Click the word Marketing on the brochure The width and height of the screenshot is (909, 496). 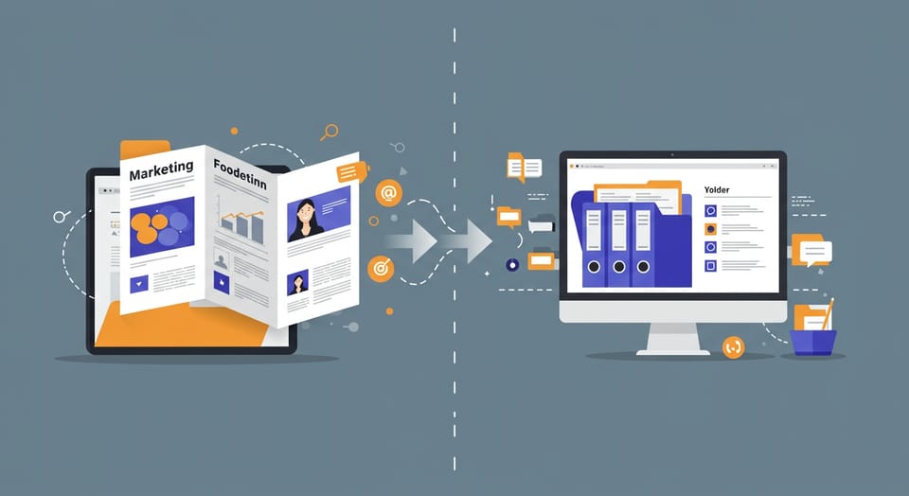[x=161, y=171]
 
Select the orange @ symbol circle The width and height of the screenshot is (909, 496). [x=387, y=193]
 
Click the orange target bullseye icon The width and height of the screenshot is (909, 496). [x=381, y=268]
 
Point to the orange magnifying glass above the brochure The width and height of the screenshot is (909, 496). [x=330, y=132]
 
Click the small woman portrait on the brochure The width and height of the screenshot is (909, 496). [x=298, y=282]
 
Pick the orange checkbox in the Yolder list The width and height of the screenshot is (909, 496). [x=711, y=229]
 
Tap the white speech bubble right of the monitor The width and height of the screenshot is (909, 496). [x=815, y=253]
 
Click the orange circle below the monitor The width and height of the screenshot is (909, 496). [x=733, y=347]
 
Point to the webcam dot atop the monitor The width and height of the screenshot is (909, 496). [x=672, y=154]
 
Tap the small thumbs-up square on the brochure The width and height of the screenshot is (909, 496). [x=221, y=280]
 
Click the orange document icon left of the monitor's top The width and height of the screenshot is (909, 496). [x=517, y=168]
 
